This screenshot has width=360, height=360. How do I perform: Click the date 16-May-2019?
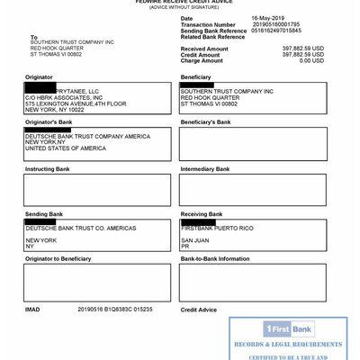pyautogui.click(x=267, y=18)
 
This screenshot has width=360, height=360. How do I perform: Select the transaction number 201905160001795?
pyautogui.click(x=275, y=24)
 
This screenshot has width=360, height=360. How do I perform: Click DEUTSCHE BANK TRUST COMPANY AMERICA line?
pyautogui.click(x=87, y=136)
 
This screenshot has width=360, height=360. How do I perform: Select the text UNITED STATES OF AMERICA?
pyautogui.click(x=65, y=148)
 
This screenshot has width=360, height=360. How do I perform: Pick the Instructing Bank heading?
pyautogui.click(x=47, y=168)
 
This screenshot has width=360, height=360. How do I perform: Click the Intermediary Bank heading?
pyautogui.click(x=205, y=168)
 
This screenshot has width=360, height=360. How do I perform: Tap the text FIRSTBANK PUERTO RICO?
pyautogui.click(x=217, y=228)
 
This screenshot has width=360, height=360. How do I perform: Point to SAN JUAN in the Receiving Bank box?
pyautogui.click(x=194, y=240)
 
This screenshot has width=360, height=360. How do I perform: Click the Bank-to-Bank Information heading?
pyautogui.click(x=215, y=258)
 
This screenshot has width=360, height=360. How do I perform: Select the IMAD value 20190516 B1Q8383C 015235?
pyautogui.click(x=115, y=309)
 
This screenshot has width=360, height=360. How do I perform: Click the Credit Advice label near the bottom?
pyautogui.click(x=199, y=310)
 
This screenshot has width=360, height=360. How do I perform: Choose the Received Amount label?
pyautogui.click(x=204, y=49)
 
